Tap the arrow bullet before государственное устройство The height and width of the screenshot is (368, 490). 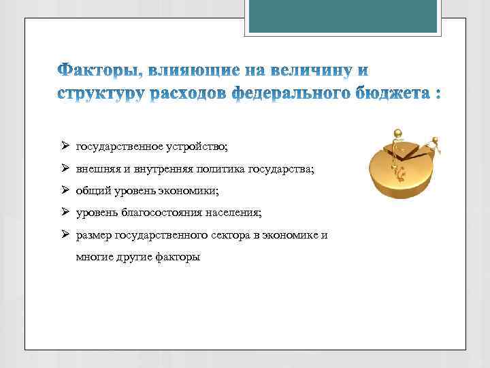(63, 146)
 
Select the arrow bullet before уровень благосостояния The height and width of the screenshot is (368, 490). (63, 212)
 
